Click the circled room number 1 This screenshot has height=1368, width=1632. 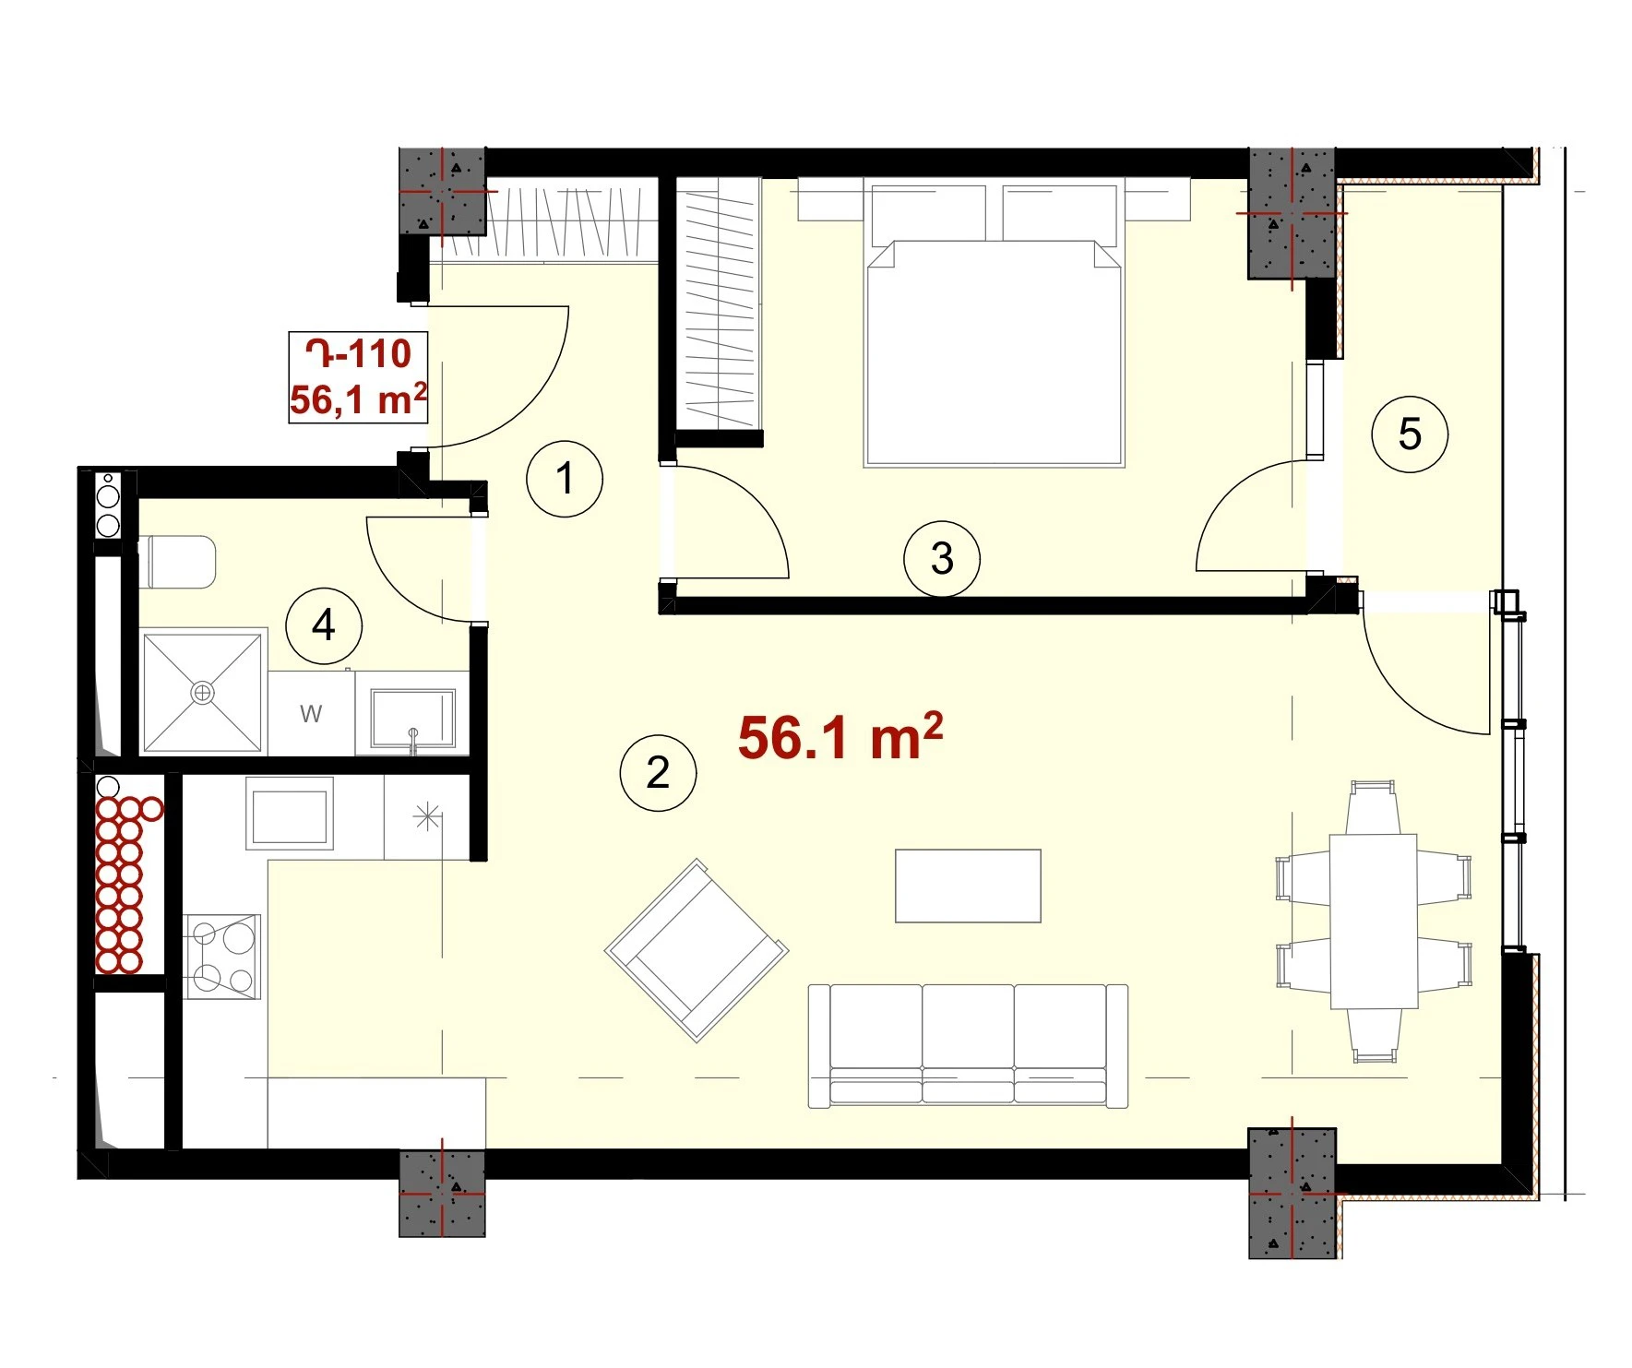(565, 479)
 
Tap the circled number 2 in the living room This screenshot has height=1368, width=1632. (658, 773)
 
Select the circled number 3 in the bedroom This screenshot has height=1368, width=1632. (942, 558)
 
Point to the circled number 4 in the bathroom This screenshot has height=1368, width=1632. (324, 626)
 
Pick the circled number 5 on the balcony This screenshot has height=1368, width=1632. (1410, 434)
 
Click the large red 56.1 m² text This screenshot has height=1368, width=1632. (840, 737)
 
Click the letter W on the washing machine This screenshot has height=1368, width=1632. (311, 713)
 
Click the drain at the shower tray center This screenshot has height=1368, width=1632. (202, 692)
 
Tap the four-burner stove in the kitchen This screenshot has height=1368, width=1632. (222, 957)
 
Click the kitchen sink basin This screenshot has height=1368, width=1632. (289, 813)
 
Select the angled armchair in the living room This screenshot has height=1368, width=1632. (697, 950)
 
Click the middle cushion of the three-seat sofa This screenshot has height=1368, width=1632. (968, 1043)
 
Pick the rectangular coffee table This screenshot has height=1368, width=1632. (968, 886)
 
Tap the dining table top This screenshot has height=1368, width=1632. (1373, 921)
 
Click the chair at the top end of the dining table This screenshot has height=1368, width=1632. (1373, 807)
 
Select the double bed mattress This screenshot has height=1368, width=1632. (994, 353)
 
